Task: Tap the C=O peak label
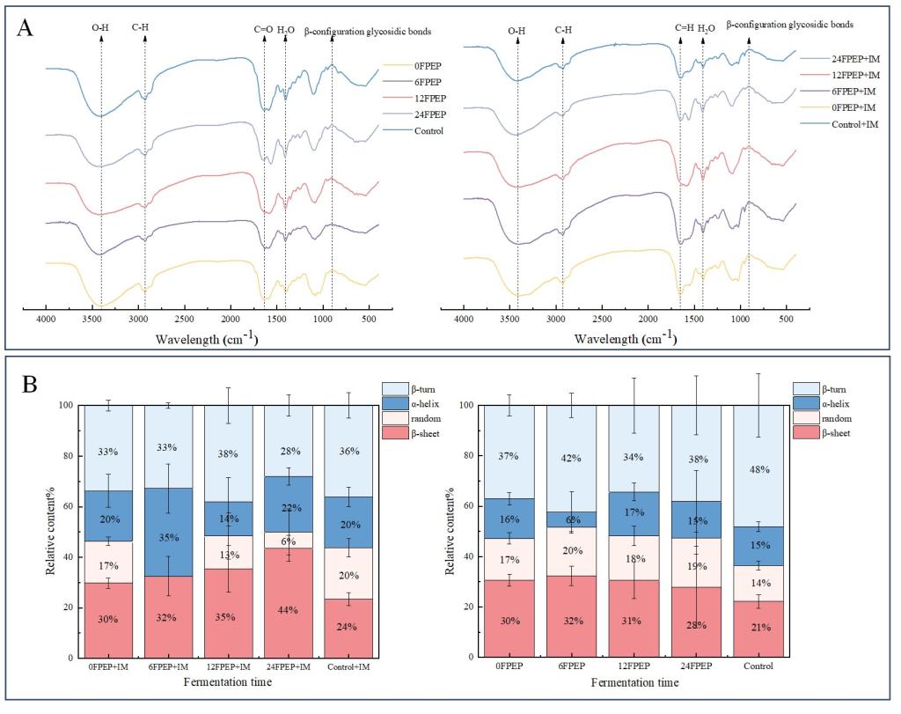click(263, 29)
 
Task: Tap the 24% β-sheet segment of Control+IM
click(348, 628)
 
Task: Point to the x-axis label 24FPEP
click(696, 667)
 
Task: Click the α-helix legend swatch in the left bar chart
click(394, 403)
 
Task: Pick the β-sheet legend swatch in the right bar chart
click(805, 433)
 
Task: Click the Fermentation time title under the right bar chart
click(634, 683)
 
